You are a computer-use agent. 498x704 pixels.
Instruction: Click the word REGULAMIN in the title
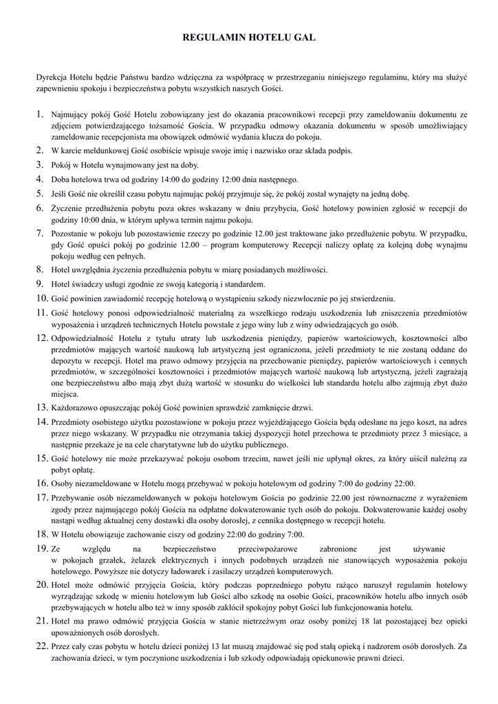point(213,41)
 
